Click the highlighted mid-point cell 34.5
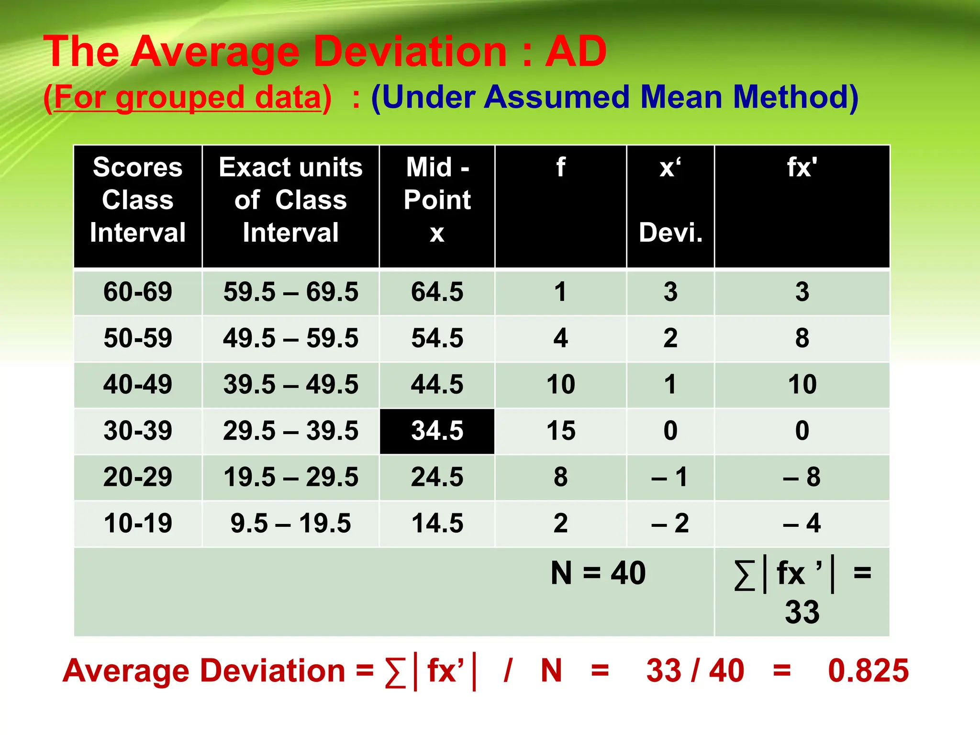pos(437,431)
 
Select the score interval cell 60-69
pos(138,292)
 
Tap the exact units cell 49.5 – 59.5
pos(290,338)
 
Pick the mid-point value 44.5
pos(437,384)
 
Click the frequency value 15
pos(561,431)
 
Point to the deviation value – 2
pos(670,523)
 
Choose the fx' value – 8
pos(802,477)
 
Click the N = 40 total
pos(598,573)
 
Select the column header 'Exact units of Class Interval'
pos(290,200)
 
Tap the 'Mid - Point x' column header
pos(437,200)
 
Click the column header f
pos(561,167)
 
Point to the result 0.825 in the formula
pos(868,670)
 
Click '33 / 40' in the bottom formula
pos(695,670)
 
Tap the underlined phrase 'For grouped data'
pos(188,97)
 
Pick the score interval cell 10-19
pos(138,523)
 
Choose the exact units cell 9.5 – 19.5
pos(290,523)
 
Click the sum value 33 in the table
pos(802,612)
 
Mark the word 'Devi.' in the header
pos(670,233)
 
